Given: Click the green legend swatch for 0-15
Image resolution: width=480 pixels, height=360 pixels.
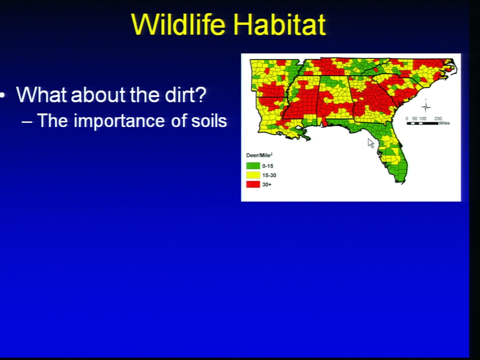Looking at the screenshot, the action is [x=253, y=166].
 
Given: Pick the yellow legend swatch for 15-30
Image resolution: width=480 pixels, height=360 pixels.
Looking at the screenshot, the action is [x=253, y=175].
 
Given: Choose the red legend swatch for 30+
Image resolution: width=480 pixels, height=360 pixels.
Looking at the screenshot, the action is [x=253, y=184].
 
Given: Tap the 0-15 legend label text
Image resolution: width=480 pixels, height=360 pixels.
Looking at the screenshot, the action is [x=267, y=166].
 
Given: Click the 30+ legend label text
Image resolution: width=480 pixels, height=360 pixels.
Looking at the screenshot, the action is [x=266, y=184].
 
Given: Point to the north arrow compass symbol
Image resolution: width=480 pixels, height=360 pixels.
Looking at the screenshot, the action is [x=425, y=106].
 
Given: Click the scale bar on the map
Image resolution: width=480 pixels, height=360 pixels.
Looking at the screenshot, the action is [x=422, y=123].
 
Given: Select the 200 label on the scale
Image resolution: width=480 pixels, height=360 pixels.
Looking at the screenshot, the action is [x=438, y=118].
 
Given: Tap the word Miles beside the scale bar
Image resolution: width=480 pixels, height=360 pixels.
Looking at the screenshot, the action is [x=444, y=123].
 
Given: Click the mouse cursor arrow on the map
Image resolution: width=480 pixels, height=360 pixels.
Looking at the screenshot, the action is [x=370, y=143].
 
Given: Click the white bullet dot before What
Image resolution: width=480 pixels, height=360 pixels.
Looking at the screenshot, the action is [x=2, y=95].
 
